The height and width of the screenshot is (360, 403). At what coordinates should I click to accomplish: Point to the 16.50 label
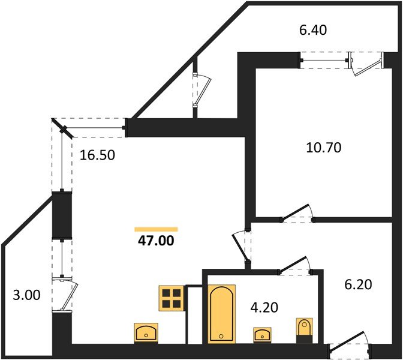tap(97, 155)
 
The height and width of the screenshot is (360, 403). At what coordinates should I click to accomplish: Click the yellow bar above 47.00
tap(156, 229)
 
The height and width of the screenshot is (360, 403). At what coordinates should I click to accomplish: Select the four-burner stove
tap(170, 298)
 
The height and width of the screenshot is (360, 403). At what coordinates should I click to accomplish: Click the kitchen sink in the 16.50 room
tap(146, 332)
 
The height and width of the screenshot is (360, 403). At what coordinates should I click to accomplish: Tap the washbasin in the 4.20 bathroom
tap(261, 334)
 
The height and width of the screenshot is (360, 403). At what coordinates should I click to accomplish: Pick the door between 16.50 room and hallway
tap(242, 246)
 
